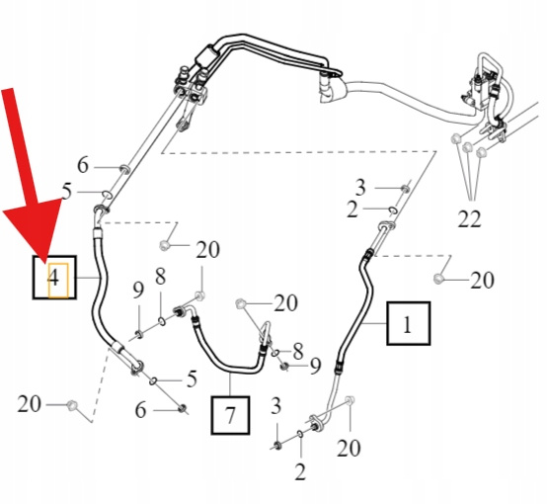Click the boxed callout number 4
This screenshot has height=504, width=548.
tap(54, 278)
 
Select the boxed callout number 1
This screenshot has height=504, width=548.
tap(408, 323)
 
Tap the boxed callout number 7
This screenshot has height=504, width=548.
tap(230, 415)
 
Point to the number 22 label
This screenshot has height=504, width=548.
tap(469, 219)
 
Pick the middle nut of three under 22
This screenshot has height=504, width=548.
tap(467, 147)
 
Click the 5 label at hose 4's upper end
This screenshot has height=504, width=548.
tap(66, 192)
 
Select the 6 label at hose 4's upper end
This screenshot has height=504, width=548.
tap(83, 165)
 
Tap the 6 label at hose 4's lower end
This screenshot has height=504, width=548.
tap(140, 410)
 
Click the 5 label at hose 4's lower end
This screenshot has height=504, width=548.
tap(192, 378)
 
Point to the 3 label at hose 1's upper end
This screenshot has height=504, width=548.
tap(360, 187)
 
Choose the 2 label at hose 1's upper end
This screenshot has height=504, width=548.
tap(352, 210)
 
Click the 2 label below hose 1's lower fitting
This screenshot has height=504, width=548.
tap(300, 471)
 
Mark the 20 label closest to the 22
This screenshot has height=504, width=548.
tap(482, 280)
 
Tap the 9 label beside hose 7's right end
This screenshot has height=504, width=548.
tap(316, 366)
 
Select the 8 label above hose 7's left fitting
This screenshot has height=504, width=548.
tap(160, 277)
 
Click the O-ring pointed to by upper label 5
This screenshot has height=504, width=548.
tap(108, 195)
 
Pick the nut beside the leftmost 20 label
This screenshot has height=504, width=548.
tap(72, 405)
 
